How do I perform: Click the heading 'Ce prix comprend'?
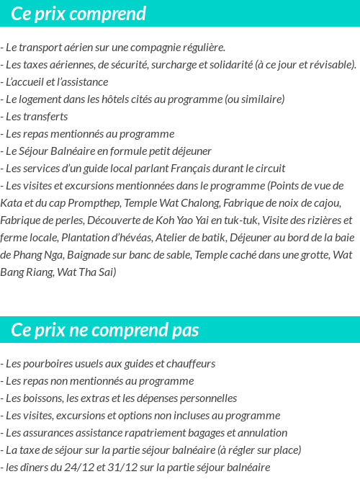pyautogui.click(x=78, y=14)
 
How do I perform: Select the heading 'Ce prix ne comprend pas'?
pyautogui.click(x=105, y=330)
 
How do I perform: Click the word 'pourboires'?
pyautogui.click(x=48, y=364)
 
